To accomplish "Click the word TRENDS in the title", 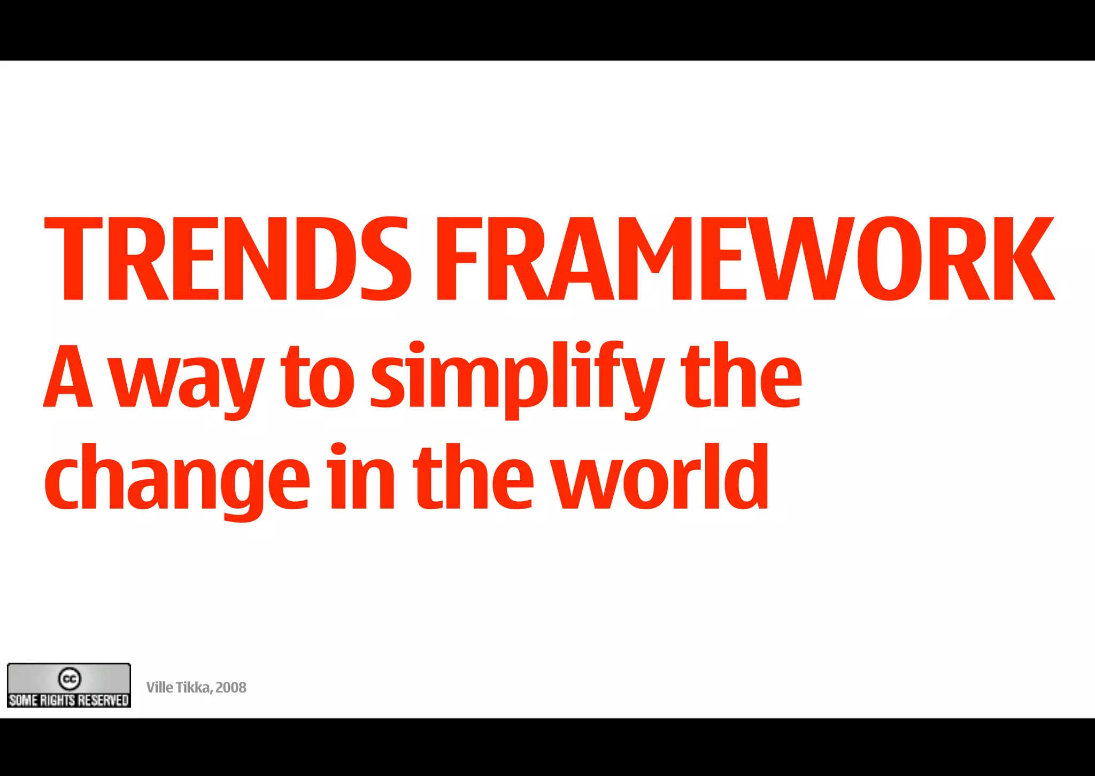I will [x=227, y=259].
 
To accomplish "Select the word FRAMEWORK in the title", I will [x=745, y=259].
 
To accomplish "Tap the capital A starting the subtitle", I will [x=68, y=376].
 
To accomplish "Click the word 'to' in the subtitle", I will [x=318, y=376].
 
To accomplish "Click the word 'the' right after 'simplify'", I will [x=741, y=376].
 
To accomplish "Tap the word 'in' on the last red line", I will [x=361, y=477].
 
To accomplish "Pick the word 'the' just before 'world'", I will [x=473, y=477].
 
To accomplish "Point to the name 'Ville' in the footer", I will [x=159, y=688].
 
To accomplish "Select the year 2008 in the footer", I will [x=231, y=688].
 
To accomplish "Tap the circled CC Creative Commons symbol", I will [x=70, y=679].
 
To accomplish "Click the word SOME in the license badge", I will [x=23, y=700].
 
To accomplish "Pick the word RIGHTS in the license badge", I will [x=58, y=700].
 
